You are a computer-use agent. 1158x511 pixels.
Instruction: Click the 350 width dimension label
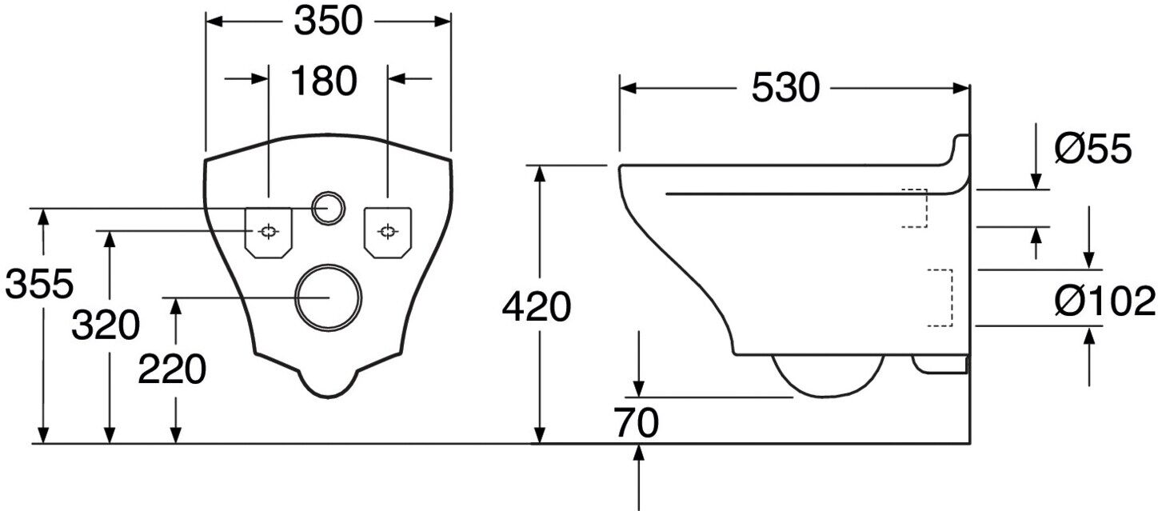[x=328, y=22]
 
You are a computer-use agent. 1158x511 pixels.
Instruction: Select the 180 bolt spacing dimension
[x=324, y=81]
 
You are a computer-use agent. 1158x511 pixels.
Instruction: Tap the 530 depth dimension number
[x=785, y=88]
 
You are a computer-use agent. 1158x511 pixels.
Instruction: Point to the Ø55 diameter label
[x=1093, y=149]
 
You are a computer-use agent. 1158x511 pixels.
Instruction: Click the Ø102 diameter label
[x=1104, y=301]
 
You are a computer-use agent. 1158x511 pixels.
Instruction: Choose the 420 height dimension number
[x=537, y=307]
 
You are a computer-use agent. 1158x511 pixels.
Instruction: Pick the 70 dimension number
[x=637, y=423]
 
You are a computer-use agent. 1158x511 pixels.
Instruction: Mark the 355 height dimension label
[x=39, y=284]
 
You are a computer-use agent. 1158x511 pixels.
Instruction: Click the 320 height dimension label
[x=106, y=325]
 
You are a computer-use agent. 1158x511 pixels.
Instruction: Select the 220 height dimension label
[x=172, y=369]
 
